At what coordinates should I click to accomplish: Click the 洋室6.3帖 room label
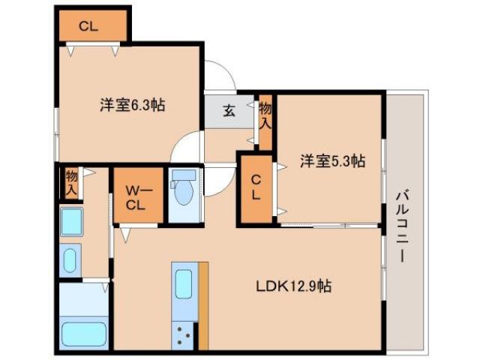click(x=132, y=105)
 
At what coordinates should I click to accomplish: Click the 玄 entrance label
click(x=228, y=111)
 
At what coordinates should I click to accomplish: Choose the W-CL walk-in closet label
click(x=138, y=196)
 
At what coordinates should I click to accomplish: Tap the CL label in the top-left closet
click(x=88, y=26)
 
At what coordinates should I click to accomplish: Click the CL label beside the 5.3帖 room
click(x=256, y=187)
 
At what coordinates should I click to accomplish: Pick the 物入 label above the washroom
click(x=71, y=182)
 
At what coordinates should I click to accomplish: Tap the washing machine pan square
click(x=72, y=222)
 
